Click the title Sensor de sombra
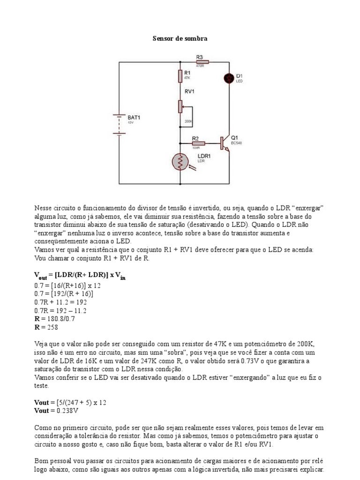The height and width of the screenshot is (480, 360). [180, 39]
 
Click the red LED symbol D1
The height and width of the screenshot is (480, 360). [229, 78]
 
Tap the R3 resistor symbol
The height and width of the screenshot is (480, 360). [202, 61]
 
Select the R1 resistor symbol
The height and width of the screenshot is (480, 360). [180, 76]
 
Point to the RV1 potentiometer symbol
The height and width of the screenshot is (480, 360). [180, 106]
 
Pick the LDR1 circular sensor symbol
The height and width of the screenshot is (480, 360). [180, 162]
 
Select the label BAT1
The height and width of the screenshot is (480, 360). [135, 117]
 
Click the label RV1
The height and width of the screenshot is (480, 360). [190, 92]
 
